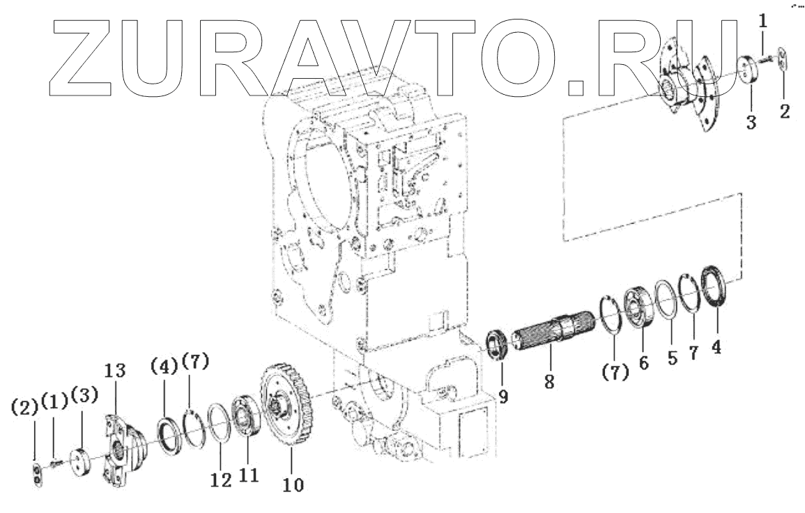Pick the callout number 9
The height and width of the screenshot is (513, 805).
tap(503, 396)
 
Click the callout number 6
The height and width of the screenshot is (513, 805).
tap(643, 362)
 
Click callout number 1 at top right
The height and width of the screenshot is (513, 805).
tap(762, 22)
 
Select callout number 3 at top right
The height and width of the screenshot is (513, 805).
tap(751, 123)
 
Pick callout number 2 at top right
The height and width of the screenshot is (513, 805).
tap(785, 112)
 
